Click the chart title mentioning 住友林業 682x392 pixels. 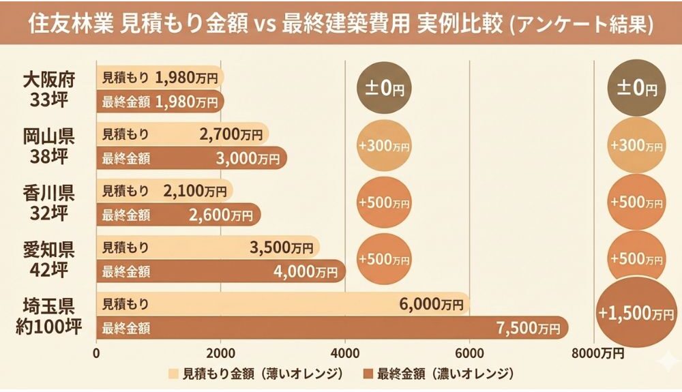[x=341, y=25]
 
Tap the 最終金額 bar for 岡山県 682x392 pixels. [x=191, y=158]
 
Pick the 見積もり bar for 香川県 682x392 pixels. [x=164, y=191]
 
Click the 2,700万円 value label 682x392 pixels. [x=231, y=134]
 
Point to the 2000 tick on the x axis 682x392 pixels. [x=220, y=353]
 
